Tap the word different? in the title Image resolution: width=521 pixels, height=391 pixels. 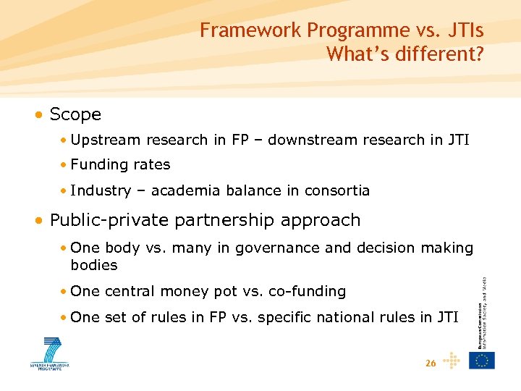coord(439,54)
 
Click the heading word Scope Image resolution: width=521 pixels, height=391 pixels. coord(75,114)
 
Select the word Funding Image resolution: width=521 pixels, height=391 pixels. coord(99,165)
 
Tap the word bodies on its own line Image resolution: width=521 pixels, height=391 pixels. coord(94,266)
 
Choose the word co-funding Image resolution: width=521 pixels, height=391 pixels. coord(307,292)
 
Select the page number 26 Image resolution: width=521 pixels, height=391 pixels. coord(431,363)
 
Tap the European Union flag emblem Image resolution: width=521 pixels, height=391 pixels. coord(481,360)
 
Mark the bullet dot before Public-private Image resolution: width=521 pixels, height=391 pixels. coord(42,221)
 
